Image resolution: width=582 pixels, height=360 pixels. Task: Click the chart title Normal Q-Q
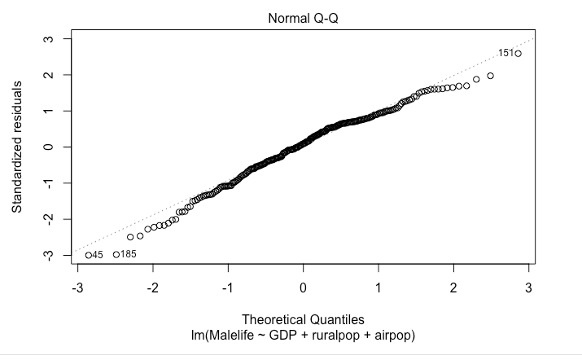(x=303, y=18)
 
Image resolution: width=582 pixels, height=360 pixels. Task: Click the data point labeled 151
(x=519, y=53)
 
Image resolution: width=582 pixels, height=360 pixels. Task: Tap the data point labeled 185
(x=116, y=254)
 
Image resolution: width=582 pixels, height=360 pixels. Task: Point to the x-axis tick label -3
(x=77, y=288)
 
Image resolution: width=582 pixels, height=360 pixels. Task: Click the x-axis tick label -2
(x=151, y=288)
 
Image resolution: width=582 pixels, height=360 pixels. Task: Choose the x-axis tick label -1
(x=227, y=288)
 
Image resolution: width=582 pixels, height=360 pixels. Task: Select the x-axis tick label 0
(x=303, y=288)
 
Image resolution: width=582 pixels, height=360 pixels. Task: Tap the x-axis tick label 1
(x=379, y=288)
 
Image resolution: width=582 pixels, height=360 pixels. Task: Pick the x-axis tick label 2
(x=453, y=288)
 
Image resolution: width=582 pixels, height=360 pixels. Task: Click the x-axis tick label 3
(x=529, y=288)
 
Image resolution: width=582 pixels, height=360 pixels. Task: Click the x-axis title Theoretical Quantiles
(x=303, y=321)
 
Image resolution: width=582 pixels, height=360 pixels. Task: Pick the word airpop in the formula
(x=394, y=335)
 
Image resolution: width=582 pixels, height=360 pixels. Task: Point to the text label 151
(x=505, y=53)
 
